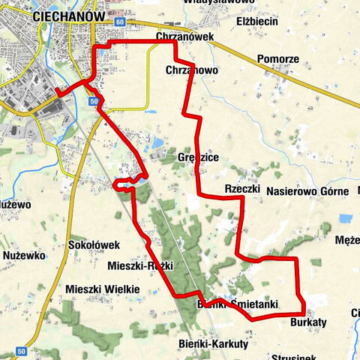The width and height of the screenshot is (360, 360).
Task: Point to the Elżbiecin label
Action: [x=257, y=22]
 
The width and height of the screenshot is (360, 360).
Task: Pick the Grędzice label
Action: [x=198, y=159]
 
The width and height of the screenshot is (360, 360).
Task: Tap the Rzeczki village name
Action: [x=241, y=189]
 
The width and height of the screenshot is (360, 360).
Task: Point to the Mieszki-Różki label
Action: [x=140, y=266]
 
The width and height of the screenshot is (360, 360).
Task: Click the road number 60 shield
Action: [x=120, y=22]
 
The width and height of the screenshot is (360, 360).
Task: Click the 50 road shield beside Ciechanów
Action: [x=93, y=100]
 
